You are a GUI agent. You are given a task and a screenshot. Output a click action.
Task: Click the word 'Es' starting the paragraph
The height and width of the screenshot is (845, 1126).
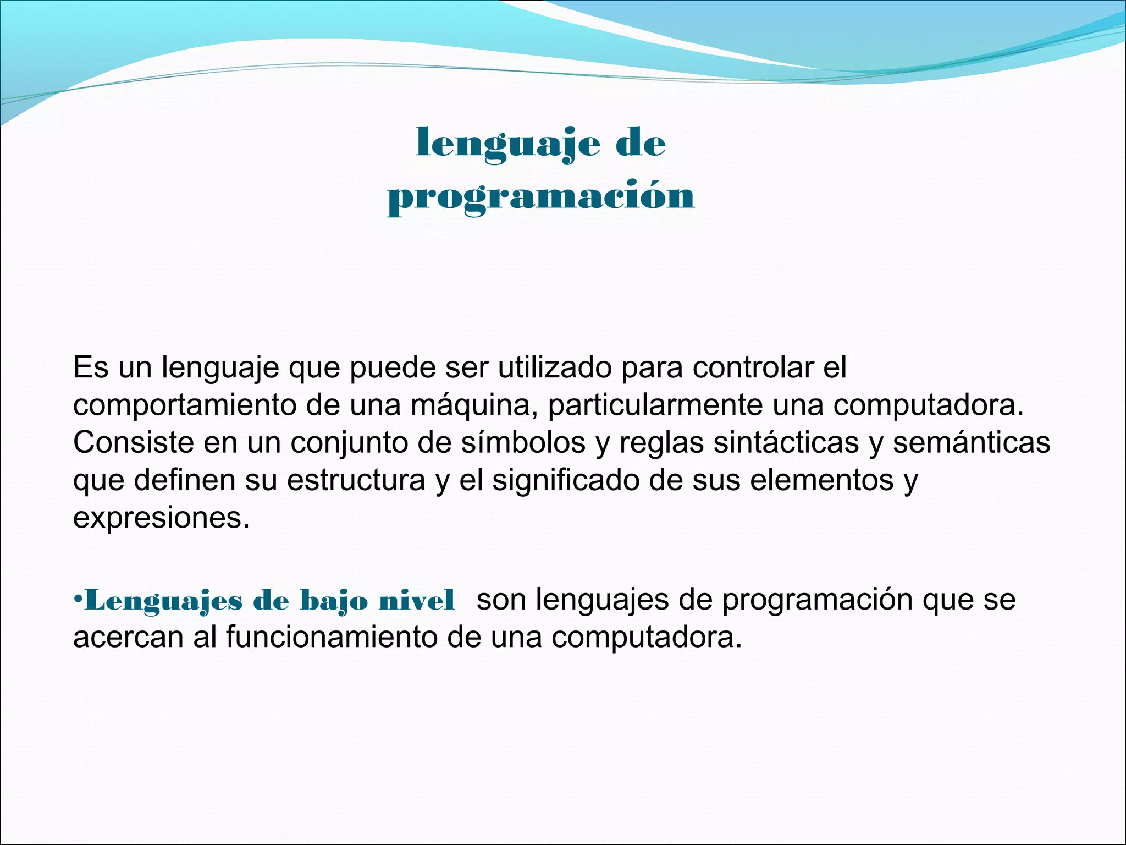click(x=91, y=367)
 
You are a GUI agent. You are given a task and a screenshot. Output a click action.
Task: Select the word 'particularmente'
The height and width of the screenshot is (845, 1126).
click(x=655, y=405)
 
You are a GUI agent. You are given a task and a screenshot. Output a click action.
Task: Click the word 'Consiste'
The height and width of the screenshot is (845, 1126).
click(x=133, y=443)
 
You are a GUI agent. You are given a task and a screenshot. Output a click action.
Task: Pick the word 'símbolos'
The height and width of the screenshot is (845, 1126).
click(x=523, y=443)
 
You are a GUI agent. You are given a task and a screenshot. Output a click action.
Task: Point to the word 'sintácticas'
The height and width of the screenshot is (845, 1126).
click(x=786, y=443)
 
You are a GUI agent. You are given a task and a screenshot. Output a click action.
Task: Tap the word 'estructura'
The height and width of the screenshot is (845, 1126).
click(x=356, y=480)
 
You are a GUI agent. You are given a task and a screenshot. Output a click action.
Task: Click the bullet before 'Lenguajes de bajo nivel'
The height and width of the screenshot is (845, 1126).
click(x=78, y=599)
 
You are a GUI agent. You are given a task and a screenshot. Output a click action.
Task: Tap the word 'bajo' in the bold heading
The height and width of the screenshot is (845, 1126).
click(x=333, y=601)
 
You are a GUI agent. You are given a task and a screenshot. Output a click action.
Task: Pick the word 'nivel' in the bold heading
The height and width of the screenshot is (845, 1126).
click(x=416, y=600)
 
